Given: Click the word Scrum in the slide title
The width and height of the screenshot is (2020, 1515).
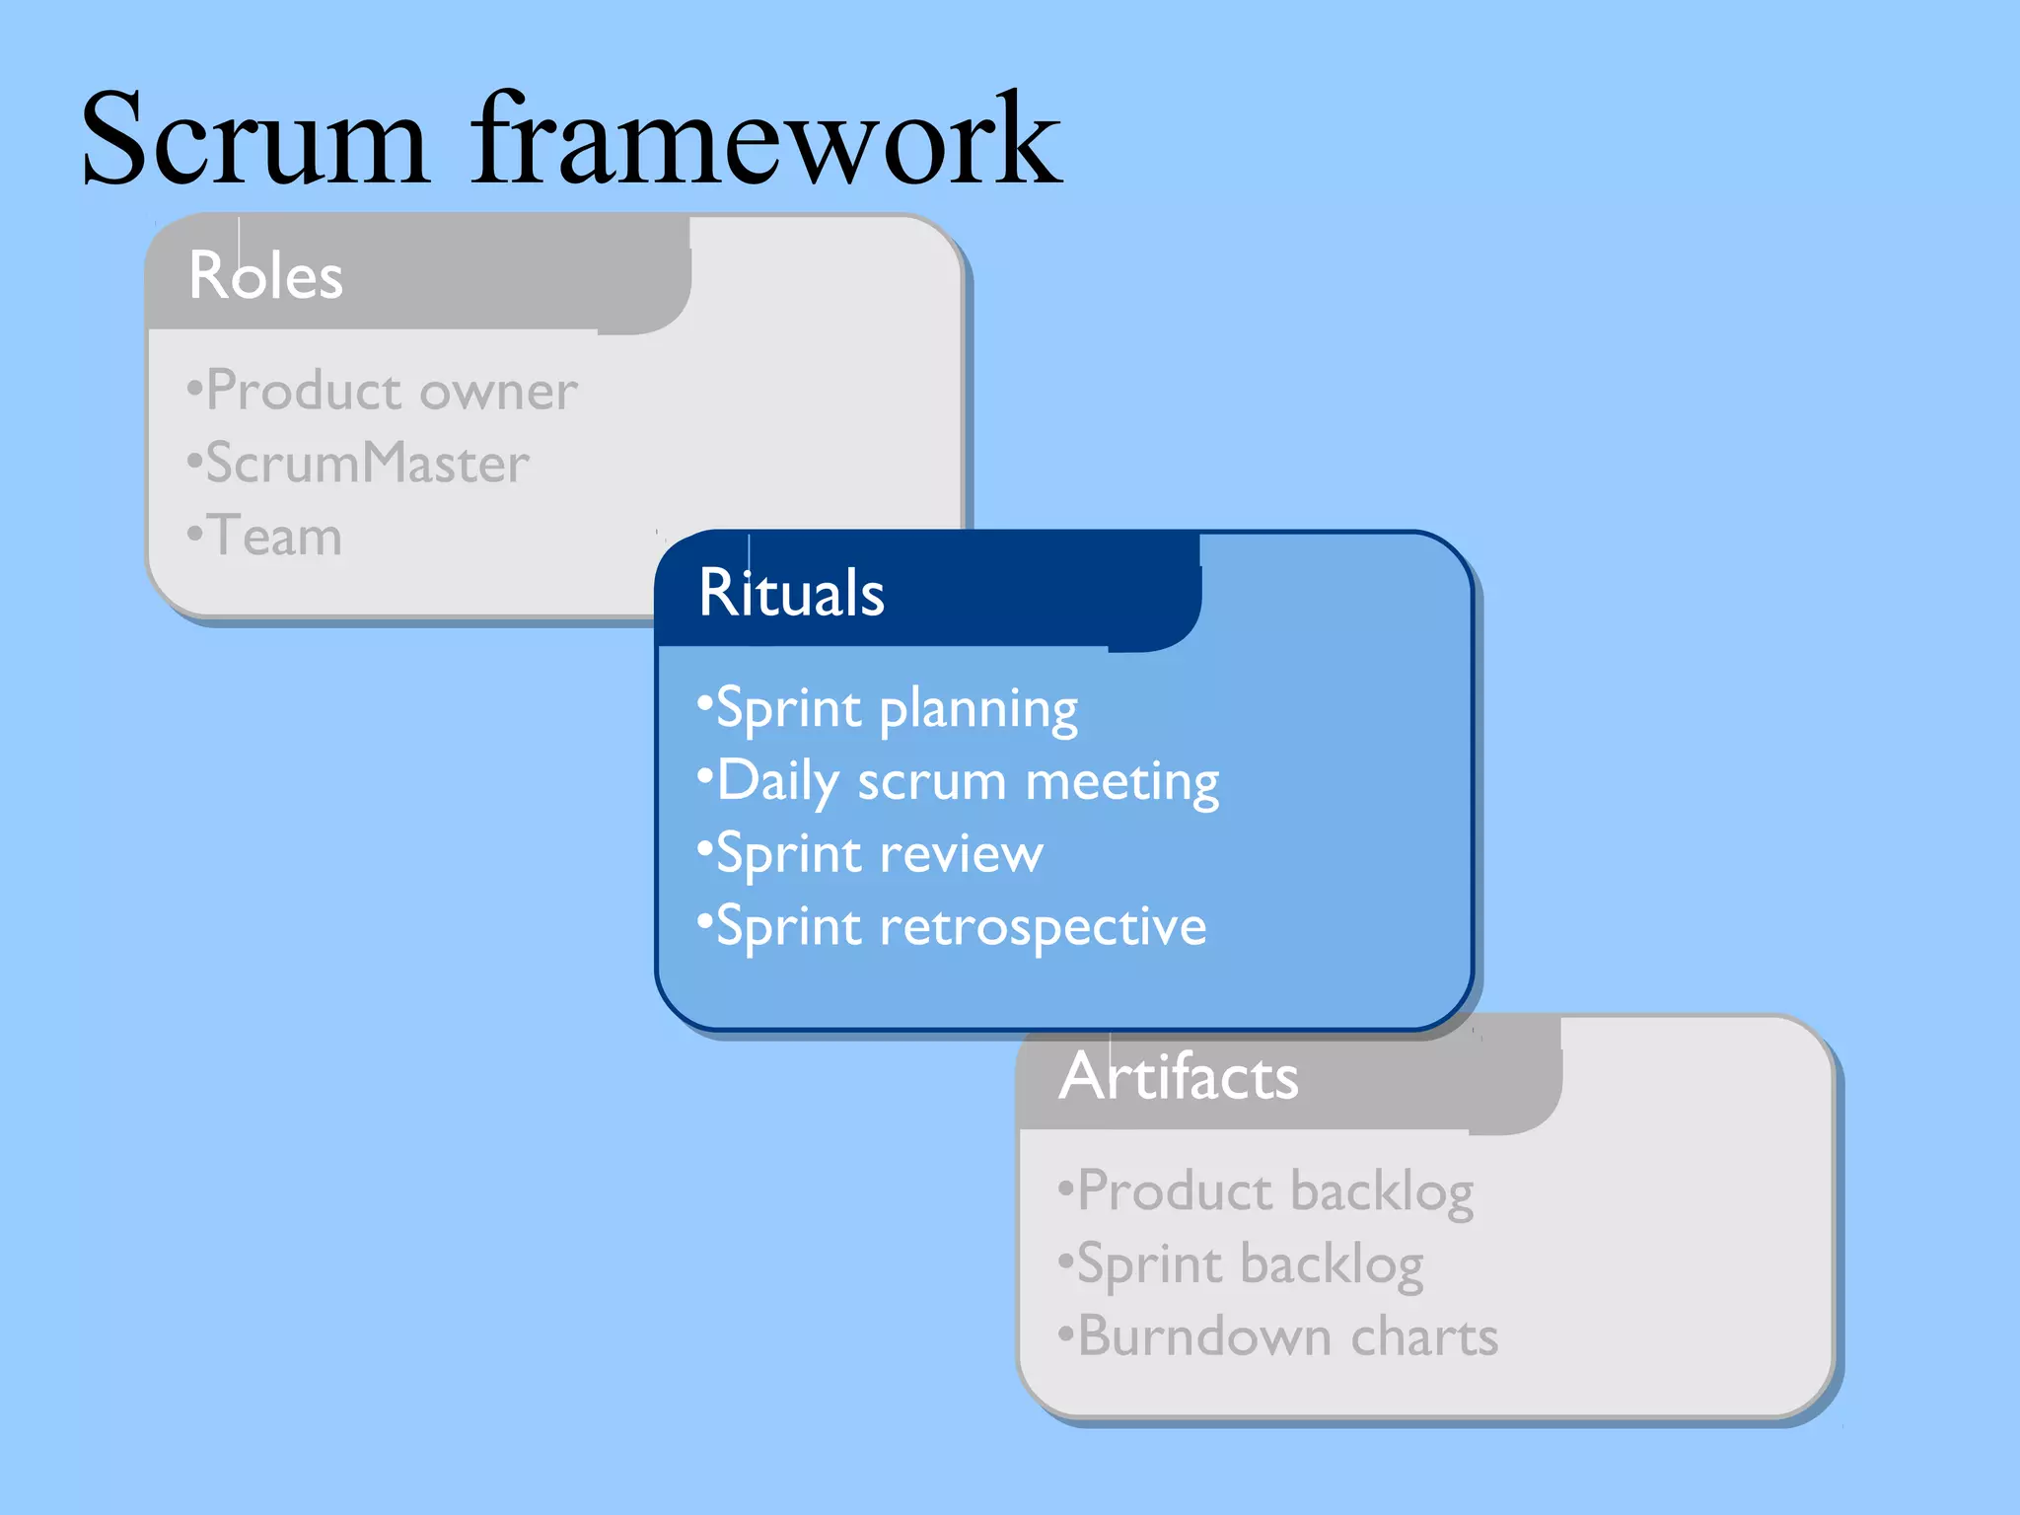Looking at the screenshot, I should pyautogui.click(x=254, y=140).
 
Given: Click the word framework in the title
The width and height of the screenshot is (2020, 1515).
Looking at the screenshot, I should pyautogui.click(x=765, y=140).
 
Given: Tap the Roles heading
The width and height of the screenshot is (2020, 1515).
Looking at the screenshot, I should pyautogui.click(x=265, y=275).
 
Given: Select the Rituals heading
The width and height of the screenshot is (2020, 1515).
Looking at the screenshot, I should pyautogui.click(x=791, y=593).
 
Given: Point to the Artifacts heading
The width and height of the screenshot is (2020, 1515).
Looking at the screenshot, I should pyautogui.click(x=1179, y=1076).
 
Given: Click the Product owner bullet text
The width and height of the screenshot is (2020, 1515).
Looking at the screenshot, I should pyautogui.click(x=391, y=392).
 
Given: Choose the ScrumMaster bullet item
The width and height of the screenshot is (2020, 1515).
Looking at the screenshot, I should pyautogui.click(x=367, y=464).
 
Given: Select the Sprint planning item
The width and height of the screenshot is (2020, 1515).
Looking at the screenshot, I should pyautogui.click(x=896, y=709).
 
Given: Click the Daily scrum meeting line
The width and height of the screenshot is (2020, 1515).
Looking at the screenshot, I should pyautogui.click(x=967, y=782).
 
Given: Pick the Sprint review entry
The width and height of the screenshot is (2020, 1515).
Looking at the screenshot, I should pyautogui.click(x=878, y=854).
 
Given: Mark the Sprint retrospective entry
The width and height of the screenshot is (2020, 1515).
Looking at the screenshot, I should pyautogui.click(x=960, y=927).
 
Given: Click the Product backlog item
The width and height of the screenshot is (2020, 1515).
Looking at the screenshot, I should pyautogui.click(x=1274, y=1191).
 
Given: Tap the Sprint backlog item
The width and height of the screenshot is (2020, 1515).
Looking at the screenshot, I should pyautogui.click(x=1250, y=1264).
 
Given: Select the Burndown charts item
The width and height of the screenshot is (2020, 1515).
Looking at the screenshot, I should pyautogui.click(x=1287, y=1337).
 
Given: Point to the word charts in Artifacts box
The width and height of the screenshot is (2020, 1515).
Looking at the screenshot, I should pyautogui.click(x=1424, y=1337).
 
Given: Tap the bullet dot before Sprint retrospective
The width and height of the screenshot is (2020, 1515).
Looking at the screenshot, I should pyautogui.click(x=704, y=921).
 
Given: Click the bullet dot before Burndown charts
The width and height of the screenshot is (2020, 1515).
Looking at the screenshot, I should pyautogui.click(x=1065, y=1334).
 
